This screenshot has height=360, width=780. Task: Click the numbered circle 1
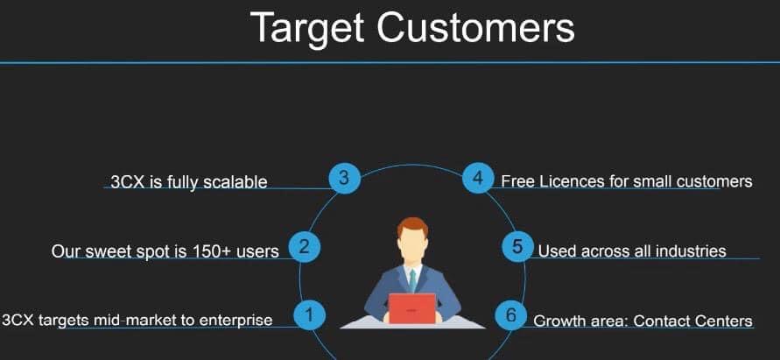[x=309, y=314]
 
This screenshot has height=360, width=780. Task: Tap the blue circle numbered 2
[x=304, y=246]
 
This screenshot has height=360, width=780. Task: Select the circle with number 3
[x=344, y=178]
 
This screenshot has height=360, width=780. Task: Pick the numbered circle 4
[x=478, y=178]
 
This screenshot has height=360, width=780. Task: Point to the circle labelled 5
[x=517, y=246]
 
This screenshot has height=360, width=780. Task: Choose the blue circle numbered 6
[x=511, y=314]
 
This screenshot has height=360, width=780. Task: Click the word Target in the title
[x=307, y=28]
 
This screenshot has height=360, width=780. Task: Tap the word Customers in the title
[x=475, y=27]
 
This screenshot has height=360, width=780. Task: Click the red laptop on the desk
[x=412, y=308]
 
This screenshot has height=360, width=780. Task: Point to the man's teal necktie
[x=412, y=280]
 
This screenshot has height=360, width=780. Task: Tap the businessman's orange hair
[x=412, y=227]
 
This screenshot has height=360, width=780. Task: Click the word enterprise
[x=235, y=321]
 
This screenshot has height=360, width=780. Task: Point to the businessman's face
[x=412, y=245]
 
